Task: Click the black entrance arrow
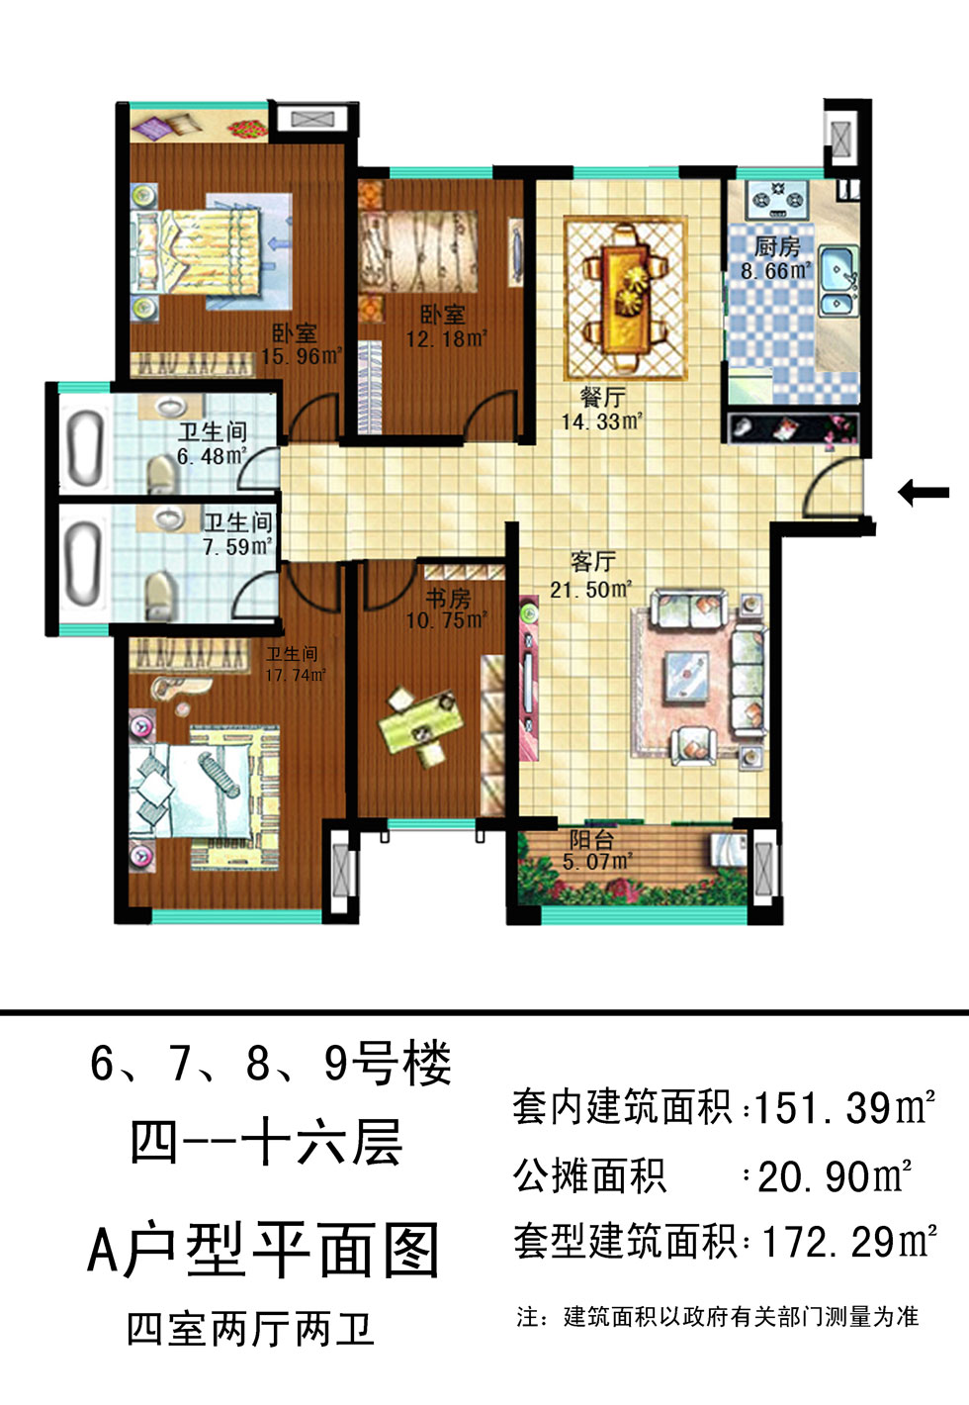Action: click(924, 493)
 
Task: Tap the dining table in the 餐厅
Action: click(626, 298)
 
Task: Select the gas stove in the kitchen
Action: click(778, 200)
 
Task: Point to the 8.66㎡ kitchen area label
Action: click(776, 270)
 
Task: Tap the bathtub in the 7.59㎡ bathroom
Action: click(83, 560)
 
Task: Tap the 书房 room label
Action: click(448, 598)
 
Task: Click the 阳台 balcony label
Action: click(591, 839)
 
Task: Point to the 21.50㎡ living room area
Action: click(591, 589)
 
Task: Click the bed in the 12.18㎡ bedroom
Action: click(417, 252)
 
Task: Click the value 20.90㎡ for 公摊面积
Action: click(835, 1176)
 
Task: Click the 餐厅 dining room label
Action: click(602, 397)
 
